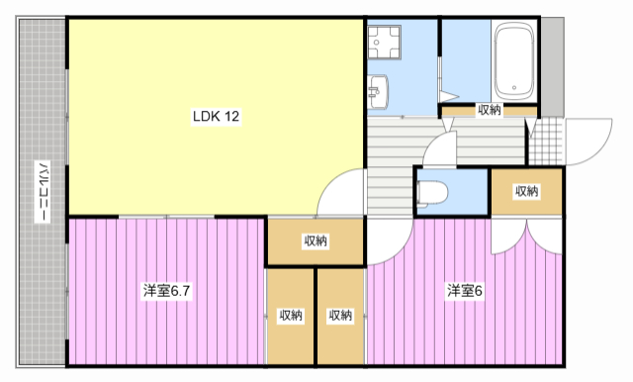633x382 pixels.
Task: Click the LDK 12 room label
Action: (x=217, y=117)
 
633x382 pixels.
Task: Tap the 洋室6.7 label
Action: (x=165, y=291)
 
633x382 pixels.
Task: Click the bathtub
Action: (x=513, y=59)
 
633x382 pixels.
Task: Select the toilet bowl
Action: (x=434, y=190)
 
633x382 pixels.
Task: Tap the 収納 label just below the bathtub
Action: (x=490, y=110)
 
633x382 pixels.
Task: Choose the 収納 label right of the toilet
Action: (x=526, y=191)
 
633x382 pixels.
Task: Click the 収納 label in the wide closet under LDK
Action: (x=316, y=240)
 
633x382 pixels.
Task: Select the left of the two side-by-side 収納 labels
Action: (x=291, y=316)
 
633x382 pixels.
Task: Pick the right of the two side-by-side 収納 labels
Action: (x=340, y=316)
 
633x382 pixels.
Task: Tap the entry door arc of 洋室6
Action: (x=392, y=242)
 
